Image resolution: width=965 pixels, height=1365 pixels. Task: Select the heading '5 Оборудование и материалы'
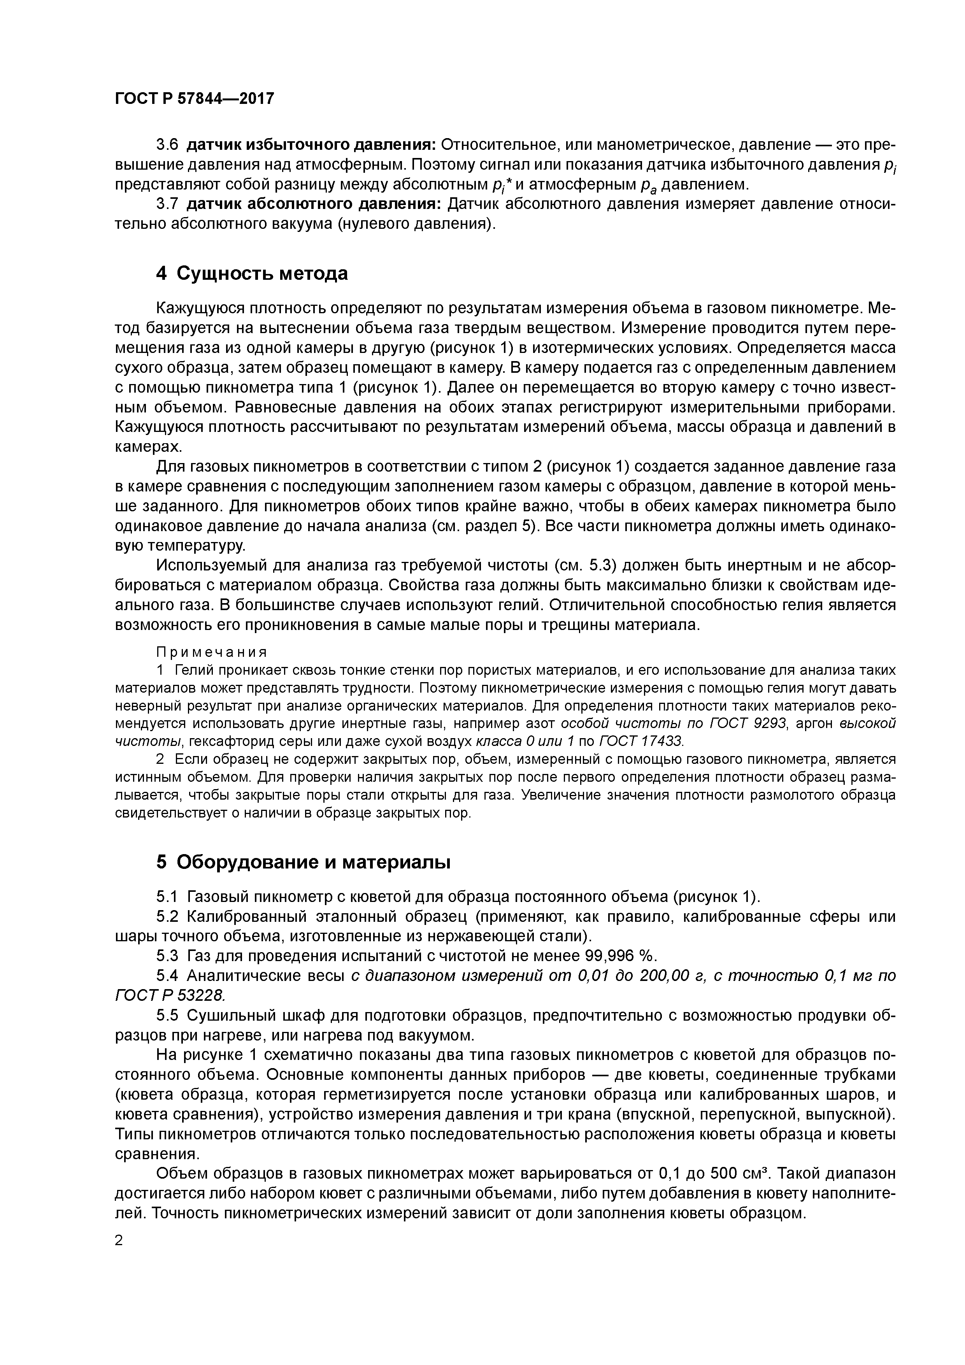[303, 862]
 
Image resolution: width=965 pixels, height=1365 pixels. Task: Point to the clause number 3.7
[167, 204]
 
